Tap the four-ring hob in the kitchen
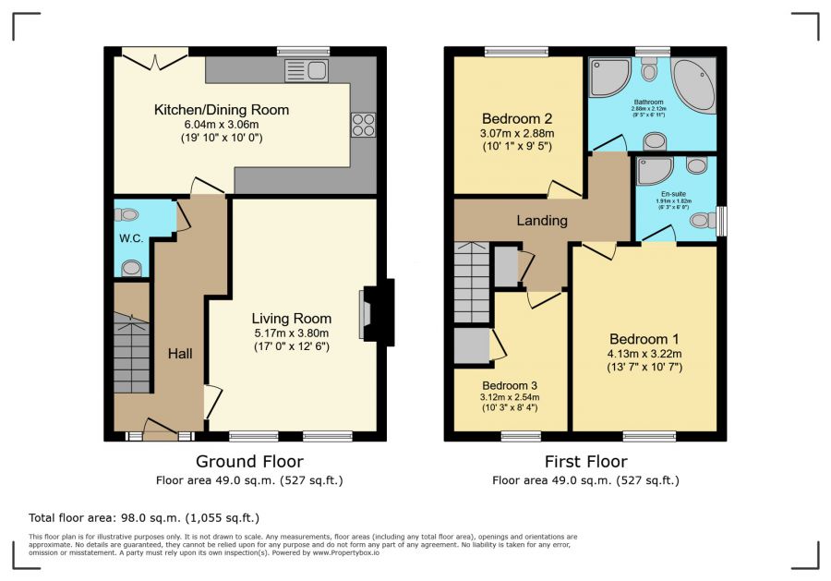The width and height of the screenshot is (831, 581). tap(362, 124)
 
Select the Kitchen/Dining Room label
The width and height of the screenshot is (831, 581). tap(222, 110)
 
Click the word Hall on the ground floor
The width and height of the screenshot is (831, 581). tap(180, 353)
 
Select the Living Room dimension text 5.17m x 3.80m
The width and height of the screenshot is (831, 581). tap(291, 333)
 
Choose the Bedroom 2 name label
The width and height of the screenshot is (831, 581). tap(517, 118)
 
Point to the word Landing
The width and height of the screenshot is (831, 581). tap(541, 221)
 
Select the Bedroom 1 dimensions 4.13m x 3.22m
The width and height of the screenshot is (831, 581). tap(644, 353)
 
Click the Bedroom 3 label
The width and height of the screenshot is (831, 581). tap(509, 385)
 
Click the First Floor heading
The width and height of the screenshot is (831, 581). tap(585, 461)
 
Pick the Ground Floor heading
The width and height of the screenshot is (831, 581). tap(249, 461)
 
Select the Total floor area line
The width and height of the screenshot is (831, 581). tap(145, 518)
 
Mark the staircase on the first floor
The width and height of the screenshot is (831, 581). tap(472, 282)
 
